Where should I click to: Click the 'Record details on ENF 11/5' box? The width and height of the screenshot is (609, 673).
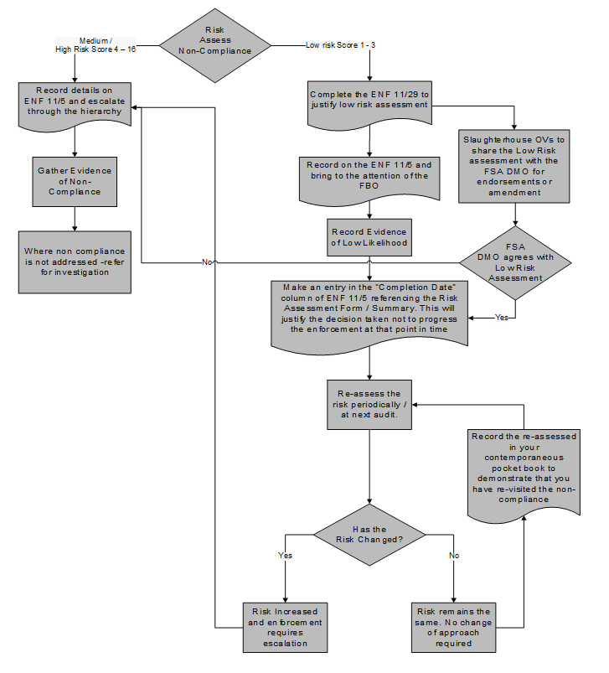(x=75, y=102)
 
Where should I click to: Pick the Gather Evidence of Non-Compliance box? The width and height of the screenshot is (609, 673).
(x=75, y=181)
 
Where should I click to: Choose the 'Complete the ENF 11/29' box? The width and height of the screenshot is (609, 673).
(x=369, y=102)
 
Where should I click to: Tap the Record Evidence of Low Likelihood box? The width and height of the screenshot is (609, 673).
(x=369, y=237)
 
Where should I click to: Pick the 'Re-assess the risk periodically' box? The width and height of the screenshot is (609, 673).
(x=369, y=404)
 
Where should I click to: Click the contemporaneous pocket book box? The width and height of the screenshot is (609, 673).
(x=524, y=469)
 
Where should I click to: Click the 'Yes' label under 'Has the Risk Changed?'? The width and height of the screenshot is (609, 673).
(x=284, y=555)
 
